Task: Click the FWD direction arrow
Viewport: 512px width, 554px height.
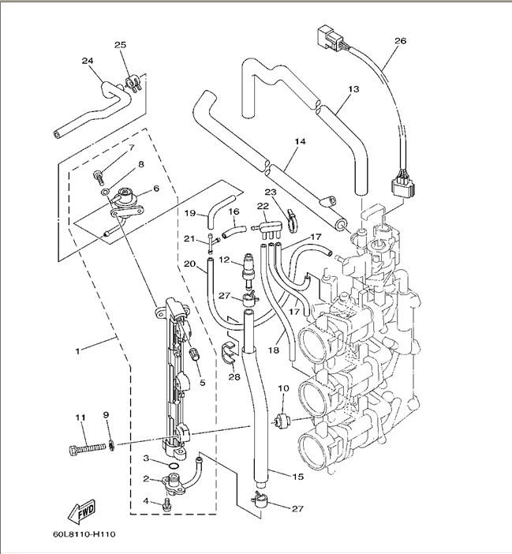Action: tap(82, 512)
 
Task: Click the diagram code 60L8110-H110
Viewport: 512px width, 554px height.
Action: tap(84, 534)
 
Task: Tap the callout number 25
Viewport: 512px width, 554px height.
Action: tap(120, 45)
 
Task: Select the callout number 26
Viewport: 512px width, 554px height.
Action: tap(400, 40)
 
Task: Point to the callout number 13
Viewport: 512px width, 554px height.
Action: tap(353, 89)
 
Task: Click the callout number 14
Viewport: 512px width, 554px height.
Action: tap(300, 142)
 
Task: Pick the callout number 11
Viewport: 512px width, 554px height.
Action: tap(80, 417)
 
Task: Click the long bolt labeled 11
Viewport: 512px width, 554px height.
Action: tap(87, 449)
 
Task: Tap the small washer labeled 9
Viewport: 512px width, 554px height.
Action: tap(111, 444)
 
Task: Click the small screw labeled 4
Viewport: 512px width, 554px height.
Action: tap(166, 503)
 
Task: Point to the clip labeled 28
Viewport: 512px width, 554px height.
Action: tap(229, 352)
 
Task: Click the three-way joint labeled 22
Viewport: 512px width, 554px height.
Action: tap(267, 228)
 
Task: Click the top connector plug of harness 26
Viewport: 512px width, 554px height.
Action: tap(329, 36)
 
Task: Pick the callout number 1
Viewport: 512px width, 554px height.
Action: tap(77, 351)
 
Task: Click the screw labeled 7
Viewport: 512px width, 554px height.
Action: tap(98, 176)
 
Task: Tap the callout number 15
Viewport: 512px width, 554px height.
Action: tap(298, 477)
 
